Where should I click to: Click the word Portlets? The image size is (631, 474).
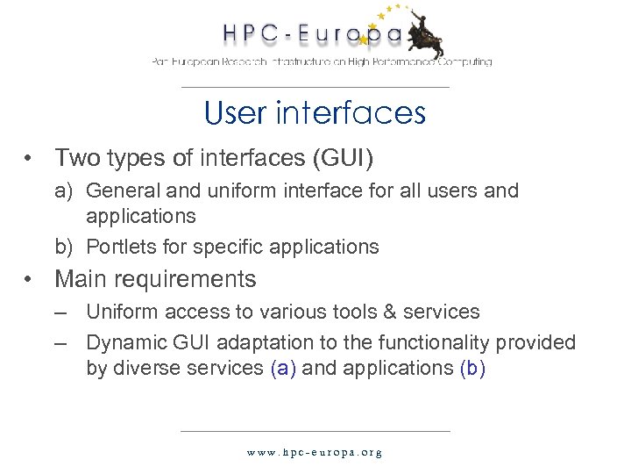[121, 247]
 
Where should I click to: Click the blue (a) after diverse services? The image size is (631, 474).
[285, 367]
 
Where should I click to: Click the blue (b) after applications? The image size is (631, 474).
[471, 367]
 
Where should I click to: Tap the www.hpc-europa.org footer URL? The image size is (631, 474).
[315, 453]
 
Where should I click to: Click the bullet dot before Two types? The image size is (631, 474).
[30, 159]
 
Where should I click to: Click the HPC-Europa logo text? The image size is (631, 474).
[311, 34]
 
